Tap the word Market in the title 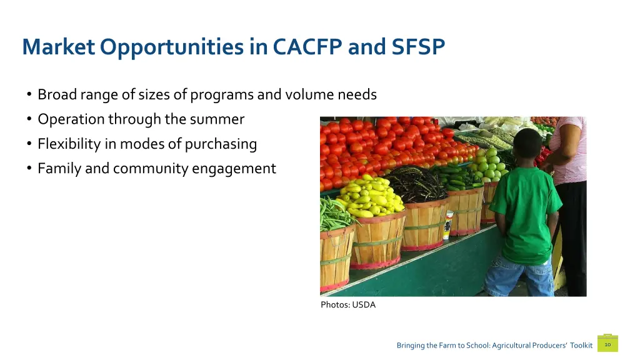click(x=58, y=47)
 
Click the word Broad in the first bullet click(x=56, y=94)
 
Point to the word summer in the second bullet click(x=221, y=119)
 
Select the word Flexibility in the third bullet click(x=69, y=144)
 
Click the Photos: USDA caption click(x=348, y=305)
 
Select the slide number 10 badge click(x=607, y=344)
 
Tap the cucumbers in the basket click(x=455, y=178)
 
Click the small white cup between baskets click(x=447, y=226)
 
